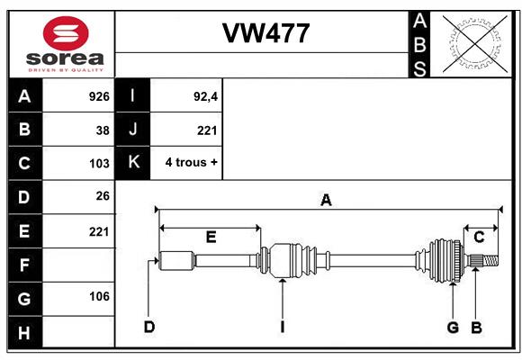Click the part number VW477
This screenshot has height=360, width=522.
266,33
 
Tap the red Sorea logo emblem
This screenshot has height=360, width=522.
66,33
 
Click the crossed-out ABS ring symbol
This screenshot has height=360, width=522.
475,43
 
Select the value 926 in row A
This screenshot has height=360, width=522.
99,96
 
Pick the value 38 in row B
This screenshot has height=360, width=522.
103,130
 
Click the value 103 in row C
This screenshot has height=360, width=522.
99,164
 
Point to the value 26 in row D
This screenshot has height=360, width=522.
103,196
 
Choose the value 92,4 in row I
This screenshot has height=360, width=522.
205,96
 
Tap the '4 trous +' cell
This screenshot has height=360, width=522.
191,163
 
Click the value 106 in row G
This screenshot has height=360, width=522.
99,296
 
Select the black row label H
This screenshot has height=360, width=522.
25,332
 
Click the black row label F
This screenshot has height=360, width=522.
25,265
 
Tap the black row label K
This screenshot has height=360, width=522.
133,163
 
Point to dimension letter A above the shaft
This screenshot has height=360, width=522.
326,201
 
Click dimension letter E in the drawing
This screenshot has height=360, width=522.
211,238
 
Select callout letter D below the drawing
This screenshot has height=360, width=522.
149,327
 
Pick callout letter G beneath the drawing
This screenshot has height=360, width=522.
453,328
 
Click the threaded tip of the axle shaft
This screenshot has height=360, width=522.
490,260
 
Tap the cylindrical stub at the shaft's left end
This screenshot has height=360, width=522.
176,260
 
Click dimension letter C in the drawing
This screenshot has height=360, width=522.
479,238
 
